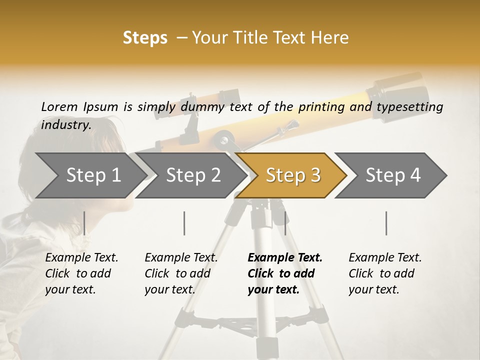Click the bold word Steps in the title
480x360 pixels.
pyautogui.click(x=145, y=38)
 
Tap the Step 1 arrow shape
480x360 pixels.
pyautogui.click(x=93, y=175)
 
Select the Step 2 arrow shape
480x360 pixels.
pyautogui.click(x=193, y=175)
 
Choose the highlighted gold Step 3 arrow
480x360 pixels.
pyautogui.click(x=293, y=175)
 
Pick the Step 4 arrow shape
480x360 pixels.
pyautogui.click(x=393, y=175)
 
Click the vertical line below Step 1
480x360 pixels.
pyautogui.click(x=84, y=223)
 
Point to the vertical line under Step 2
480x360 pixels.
pyautogui.click(x=184, y=223)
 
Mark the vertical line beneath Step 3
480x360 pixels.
pyautogui.click(x=285, y=223)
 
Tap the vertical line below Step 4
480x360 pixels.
pyautogui.click(x=386, y=223)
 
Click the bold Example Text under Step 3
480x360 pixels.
pyautogui.click(x=285, y=258)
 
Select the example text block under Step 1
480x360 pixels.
pyautogui.click(x=81, y=273)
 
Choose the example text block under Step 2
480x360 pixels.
pyautogui.click(x=180, y=273)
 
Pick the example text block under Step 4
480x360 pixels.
pyautogui.click(x=384, y=273)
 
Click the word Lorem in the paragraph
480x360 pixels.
pyautogui.click(x=59, y=107)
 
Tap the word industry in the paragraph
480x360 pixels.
pyautogui.click(x=65, y=125)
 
